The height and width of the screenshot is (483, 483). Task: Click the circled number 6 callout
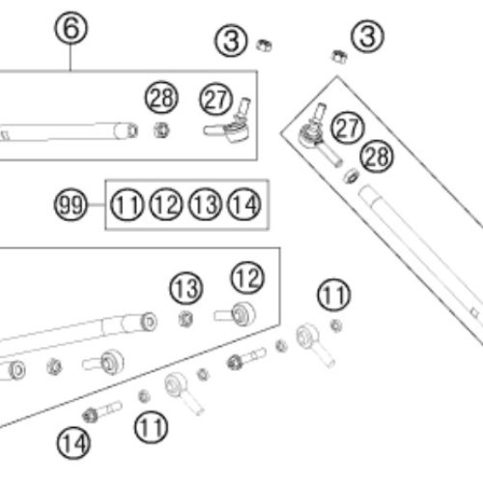tap(71, 28)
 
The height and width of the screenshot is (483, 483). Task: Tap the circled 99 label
tap(71, 205)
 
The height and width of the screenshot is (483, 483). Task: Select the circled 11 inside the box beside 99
tap(127, 205)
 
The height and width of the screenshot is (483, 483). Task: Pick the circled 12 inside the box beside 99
tap(166, 205)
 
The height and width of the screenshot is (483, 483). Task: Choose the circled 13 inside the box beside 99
tap(205, 205)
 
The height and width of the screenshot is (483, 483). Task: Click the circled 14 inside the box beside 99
tap(243, 205)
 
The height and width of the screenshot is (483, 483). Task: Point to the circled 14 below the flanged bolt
tap(73, 443)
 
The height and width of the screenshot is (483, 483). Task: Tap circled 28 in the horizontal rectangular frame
tap(161, 98)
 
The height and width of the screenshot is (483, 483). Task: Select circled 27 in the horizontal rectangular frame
tap(216, 99)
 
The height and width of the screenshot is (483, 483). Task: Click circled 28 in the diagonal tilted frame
tap(377, 156)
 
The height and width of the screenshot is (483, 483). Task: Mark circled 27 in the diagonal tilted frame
tap(348, 128)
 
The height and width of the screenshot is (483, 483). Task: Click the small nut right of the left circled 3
tap(264, 45)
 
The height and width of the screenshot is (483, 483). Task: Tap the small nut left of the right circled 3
tap(340, 57)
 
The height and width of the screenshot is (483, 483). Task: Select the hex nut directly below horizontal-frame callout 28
tap(161, 130)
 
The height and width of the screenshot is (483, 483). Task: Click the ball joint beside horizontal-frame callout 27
tap(229, 123)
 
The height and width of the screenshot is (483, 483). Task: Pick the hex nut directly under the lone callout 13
tap(185, 319)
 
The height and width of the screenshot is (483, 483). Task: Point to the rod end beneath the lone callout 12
tap(236, 314)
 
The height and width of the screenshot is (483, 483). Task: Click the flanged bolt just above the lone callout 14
tap(102, 412)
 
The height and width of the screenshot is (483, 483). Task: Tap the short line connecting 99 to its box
tap(96, 205)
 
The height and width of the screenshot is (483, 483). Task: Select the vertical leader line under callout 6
tap(71, 57)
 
